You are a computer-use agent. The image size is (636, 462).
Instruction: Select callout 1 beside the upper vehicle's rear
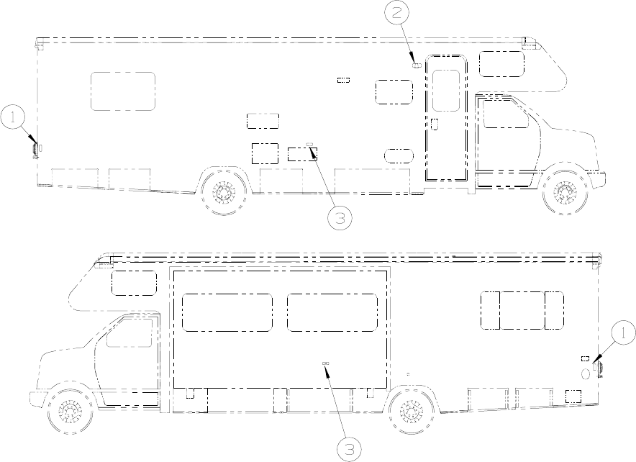(x=13, y=117)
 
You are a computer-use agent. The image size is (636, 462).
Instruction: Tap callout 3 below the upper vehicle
(x=340, y=218)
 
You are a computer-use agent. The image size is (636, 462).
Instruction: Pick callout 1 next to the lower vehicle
(x=623, y=333)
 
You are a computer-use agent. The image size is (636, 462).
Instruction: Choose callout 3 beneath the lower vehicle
(x=349, y=449)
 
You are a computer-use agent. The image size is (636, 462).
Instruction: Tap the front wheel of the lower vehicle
(x=68, y=412)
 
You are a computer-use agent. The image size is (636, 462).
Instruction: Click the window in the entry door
(x=446, y=91)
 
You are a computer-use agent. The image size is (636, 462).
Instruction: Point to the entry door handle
(x=435, y=124)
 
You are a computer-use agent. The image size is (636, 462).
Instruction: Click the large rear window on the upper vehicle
(x=123, y=91)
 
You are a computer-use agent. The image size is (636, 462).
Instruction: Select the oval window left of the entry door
(x=399, y=156)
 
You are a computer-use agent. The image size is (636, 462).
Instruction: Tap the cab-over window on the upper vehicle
(x=501, y=63)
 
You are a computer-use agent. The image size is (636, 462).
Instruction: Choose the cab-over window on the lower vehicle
(x=134, y=283)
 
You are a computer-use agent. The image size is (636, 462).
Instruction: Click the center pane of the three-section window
(x=522, y=310)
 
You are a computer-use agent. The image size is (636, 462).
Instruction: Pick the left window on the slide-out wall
(x=227, y=312)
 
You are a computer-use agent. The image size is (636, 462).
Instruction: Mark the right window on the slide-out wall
(x=332, y=312)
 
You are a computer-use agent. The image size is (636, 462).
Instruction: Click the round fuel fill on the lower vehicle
(x=586, y=373)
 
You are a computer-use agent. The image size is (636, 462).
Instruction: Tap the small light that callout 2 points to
(x=416, y=65)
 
